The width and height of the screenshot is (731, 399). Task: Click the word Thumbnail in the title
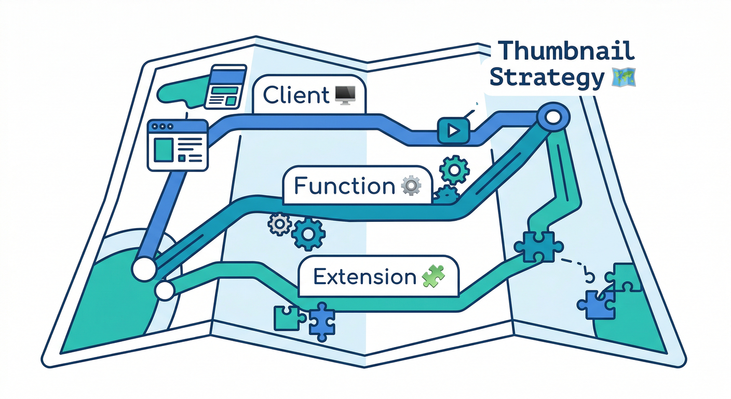(566, 51)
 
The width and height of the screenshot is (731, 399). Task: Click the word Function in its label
(344, 185)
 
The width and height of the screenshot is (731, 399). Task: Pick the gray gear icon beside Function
(411, 185)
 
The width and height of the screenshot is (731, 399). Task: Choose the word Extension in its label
(365, 277)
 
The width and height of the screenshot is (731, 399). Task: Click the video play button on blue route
(453, 130)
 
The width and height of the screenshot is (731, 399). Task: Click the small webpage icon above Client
(224, 86)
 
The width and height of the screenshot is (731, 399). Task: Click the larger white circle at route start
(144, 269)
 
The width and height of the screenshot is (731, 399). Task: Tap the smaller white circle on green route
(165, 290)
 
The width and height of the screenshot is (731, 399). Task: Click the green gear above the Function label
(454, 169)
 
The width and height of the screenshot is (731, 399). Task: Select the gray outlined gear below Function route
(279, 224)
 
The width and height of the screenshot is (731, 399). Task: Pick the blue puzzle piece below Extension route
(321, 322)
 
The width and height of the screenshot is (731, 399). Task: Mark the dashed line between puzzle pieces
(575, 262)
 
